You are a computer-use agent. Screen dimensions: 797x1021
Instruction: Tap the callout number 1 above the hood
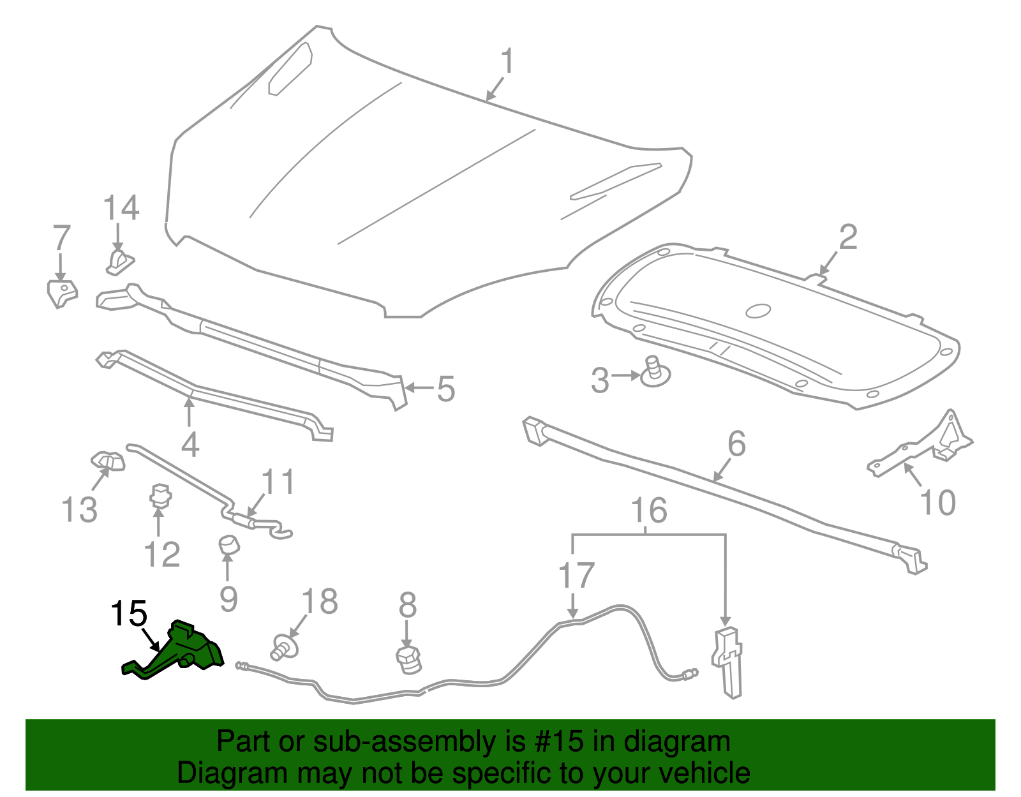tap(507, 62)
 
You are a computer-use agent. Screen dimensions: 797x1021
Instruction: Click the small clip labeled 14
tap(119, 262)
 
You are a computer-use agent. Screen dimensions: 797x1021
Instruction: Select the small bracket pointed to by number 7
tap(61, 293)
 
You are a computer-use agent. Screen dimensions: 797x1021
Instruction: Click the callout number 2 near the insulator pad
tap(847, 237)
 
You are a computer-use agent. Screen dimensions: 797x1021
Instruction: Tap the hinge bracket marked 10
tap(925, 447)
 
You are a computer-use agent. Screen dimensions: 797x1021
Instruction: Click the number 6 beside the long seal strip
tap(736, 443)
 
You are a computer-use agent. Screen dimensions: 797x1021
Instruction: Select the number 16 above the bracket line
tap(649, 510)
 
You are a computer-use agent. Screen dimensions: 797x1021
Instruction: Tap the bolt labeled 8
tap(409, 659)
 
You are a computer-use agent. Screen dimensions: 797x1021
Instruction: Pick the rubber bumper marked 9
tap(228, 546)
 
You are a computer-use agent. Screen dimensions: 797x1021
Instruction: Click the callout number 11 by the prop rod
tap(279, 482)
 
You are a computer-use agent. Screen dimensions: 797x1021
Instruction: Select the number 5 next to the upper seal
tap(445, 389)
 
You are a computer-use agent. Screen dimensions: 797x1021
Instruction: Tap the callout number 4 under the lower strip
tap(190, 444)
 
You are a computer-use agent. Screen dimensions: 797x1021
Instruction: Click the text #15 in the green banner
tap(563, 741)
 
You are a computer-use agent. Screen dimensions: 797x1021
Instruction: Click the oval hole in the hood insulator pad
tap(758, 311)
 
